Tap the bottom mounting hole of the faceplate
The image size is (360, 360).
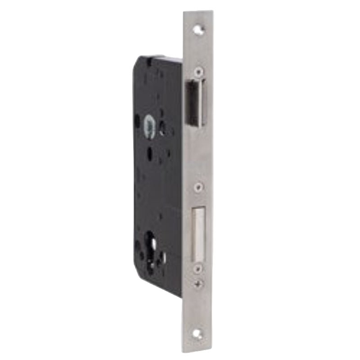pos(199,334)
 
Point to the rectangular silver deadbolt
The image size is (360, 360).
pos(199,234)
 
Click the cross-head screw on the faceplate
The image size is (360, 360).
pos(199,283)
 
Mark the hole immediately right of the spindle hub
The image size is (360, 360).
pos(162,128)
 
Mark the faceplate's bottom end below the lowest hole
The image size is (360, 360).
pos(199,346)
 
